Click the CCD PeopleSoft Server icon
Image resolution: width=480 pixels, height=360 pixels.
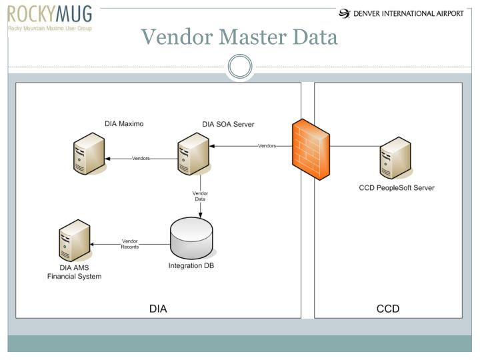(394, 158)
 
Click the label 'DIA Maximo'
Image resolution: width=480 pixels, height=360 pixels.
(124, 123)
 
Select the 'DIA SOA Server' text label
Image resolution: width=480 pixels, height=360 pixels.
(228, 124)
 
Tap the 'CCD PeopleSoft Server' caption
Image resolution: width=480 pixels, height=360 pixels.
(397, 188)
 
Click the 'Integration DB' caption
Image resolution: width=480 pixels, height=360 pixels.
(191, 266)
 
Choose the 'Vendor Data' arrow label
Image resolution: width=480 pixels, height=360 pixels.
(200, 196)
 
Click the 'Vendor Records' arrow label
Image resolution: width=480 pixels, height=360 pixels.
(130, 244)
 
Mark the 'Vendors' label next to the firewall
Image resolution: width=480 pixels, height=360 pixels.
(267, 146)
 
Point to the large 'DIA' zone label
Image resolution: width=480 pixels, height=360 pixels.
(158, 309)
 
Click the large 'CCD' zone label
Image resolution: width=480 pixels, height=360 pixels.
(388, 309)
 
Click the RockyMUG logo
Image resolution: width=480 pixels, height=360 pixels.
(51, 18)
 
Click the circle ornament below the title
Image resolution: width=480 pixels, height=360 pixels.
(240, 67)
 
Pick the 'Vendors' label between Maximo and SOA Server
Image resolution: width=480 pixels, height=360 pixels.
(141, 159)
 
